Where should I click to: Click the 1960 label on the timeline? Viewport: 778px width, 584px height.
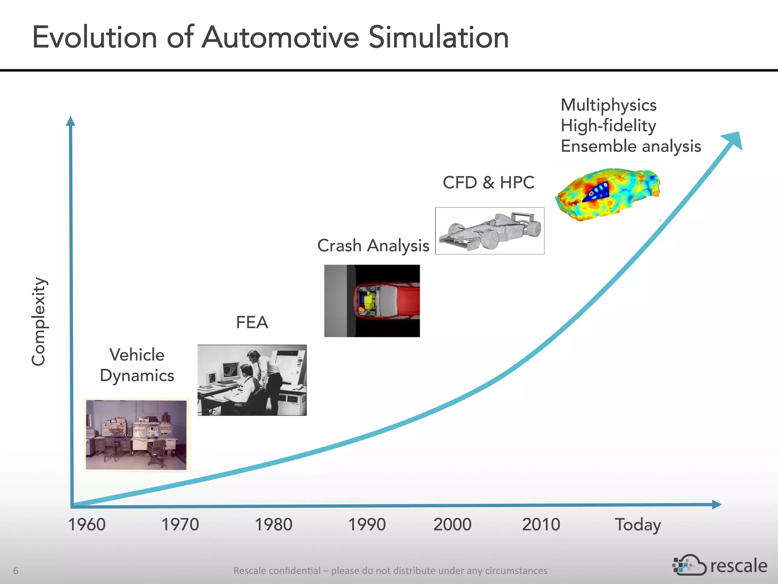click(87, 525)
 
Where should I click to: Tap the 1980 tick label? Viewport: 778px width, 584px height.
click(273, 525)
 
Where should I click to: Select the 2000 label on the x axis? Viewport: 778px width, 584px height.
click(452, 525)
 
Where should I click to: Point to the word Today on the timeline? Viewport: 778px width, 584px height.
click(638, 525)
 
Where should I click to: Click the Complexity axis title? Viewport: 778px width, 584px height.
click(39, 322)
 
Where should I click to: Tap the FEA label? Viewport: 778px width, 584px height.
click(252, 322)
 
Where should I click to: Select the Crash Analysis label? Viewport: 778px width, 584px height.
click(373, 246)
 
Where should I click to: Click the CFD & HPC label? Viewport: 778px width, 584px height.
click(489, 182)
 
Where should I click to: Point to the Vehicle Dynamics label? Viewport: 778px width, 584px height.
click(137, 365)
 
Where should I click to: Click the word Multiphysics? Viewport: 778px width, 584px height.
click(609, 105)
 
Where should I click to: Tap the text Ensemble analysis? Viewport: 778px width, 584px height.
click(631, 146)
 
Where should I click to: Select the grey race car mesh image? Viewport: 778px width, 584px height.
click(490, 231)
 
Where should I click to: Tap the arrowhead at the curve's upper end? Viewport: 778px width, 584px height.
click(733, 140)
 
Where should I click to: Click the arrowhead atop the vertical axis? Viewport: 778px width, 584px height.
click(71, 121)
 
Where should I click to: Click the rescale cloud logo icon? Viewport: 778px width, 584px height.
click(689, 565)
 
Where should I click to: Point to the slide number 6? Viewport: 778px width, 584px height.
click(16, 570)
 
